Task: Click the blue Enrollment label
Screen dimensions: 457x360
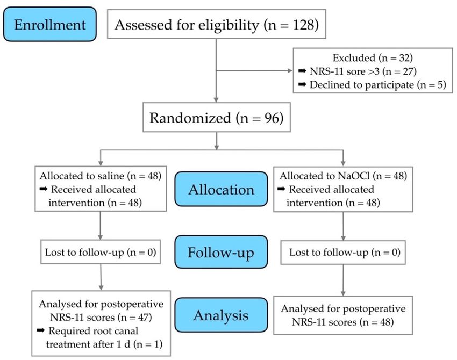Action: coord(50,24)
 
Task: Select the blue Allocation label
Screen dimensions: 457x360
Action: coord(221,189)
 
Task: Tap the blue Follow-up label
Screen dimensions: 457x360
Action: coord(221,252)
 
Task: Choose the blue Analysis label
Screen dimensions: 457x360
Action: coord(221,315)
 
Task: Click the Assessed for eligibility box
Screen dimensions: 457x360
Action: coord(217,24)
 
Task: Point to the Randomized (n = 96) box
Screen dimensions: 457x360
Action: coord(217,117)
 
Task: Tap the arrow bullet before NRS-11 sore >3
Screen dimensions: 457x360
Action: coord(302,71)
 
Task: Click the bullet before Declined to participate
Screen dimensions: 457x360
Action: coord(302,84)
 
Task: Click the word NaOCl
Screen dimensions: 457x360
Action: coord(354,176)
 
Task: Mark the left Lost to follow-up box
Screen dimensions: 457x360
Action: coord(101,252)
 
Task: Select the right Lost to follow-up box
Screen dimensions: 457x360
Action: coord(343,253)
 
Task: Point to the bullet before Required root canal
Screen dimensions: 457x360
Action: coord(40,330)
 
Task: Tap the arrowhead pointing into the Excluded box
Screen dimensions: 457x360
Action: coord(290,70)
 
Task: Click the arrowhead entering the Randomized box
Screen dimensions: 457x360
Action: coord(216,100)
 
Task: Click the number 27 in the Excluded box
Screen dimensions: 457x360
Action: coord(408,71)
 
